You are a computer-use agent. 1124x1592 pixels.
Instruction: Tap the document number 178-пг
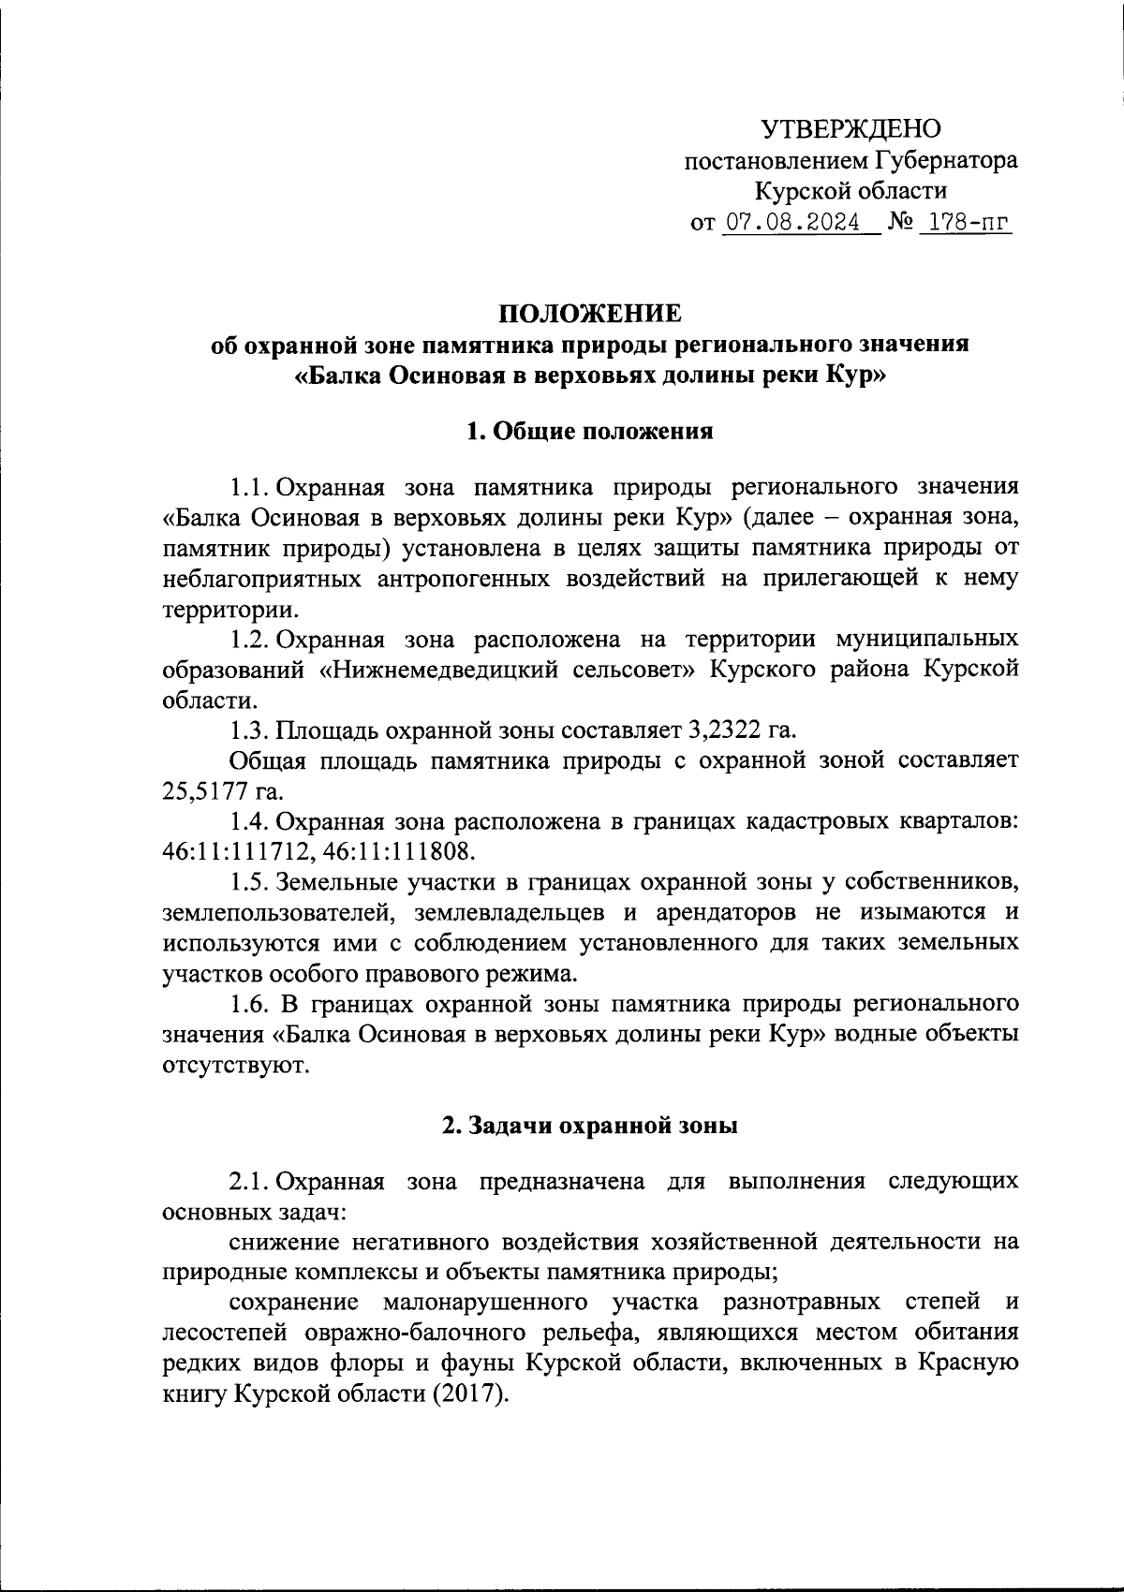966,224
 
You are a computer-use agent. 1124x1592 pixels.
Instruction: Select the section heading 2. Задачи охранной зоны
590,1127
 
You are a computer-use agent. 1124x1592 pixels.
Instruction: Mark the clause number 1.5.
251,882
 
